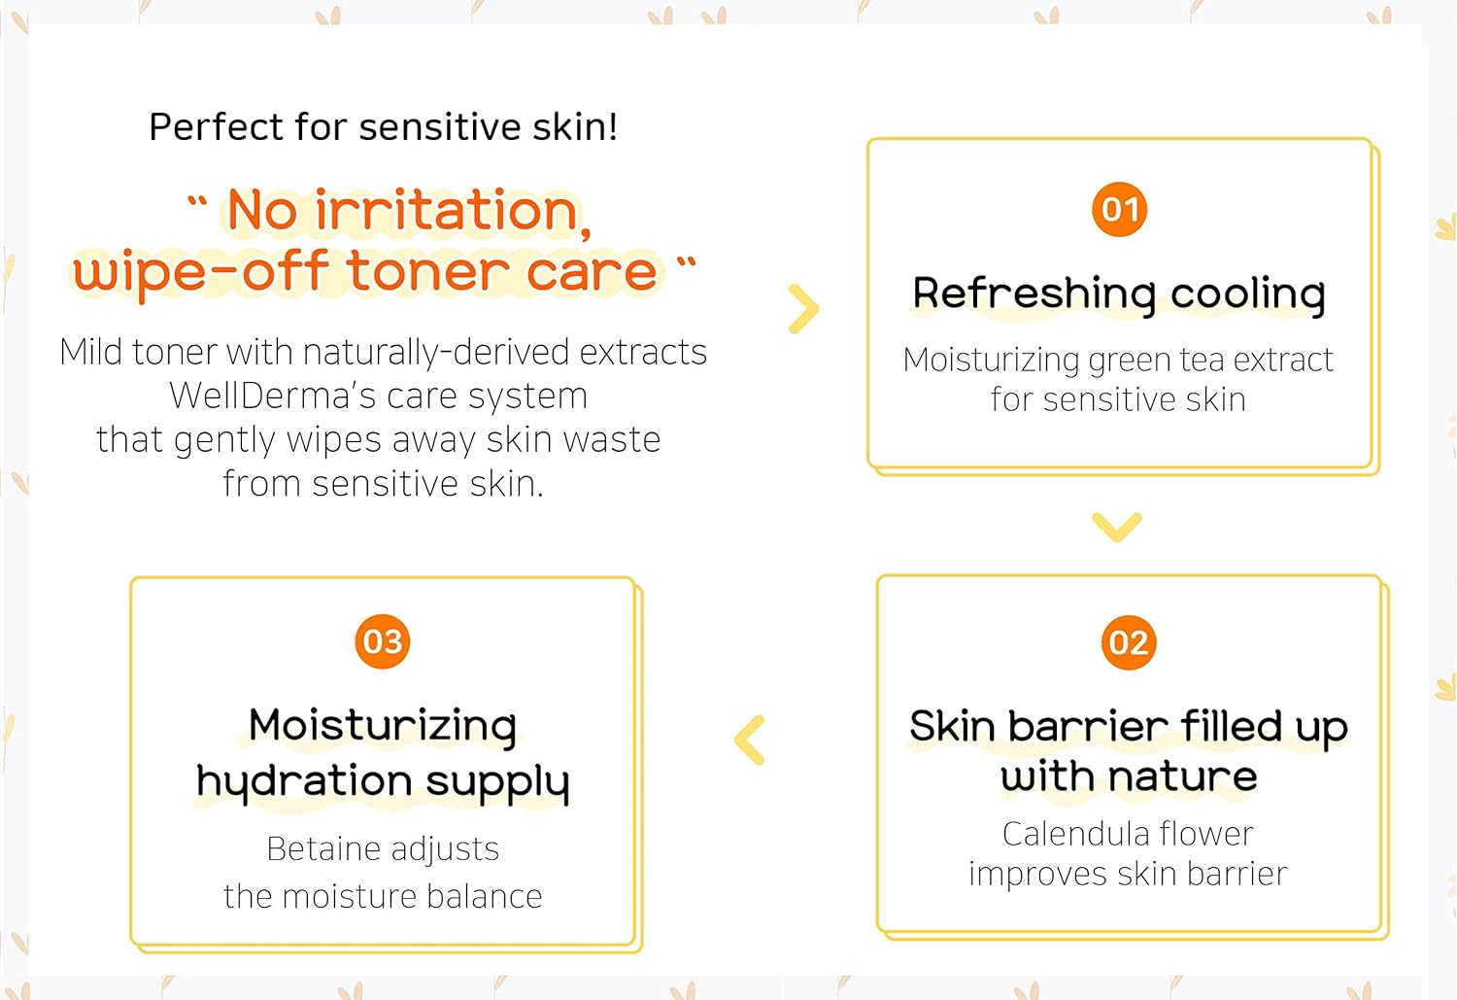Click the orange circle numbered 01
click(x=1119, y=209)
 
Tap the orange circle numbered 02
click(x=1128, y=642)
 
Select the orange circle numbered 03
click(x=382, y=641)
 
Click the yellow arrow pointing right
click(x=803, y=309)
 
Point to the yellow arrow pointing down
click(x=1116, y=527)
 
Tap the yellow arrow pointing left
click(x=750, y=741)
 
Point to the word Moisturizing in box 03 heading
click(x=382, y=726)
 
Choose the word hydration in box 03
click(x=304, y=781)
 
